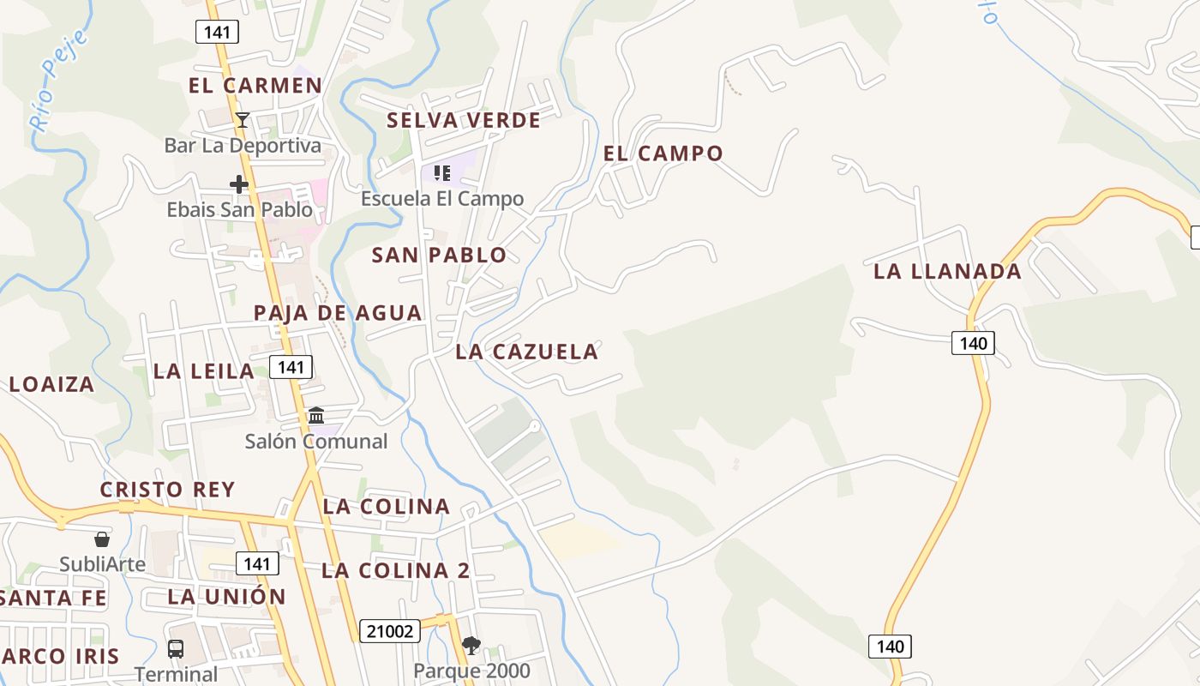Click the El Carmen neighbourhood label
[255, 86]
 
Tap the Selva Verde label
[464, 120]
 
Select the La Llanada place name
[947, 272]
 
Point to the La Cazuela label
[526, 352]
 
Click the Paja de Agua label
[338, 313]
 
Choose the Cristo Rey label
[167, 490]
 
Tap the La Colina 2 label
[396, 571]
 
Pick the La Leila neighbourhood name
[204, 371]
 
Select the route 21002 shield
[389, 632]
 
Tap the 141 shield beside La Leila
[291, 367]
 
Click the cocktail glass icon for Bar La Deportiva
[243, 119]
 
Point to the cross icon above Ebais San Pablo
[239, 184]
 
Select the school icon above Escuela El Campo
[442, 173]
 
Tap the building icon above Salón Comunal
[316, 416]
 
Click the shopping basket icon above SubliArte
[102, 539]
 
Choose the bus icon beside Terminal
[176, 648]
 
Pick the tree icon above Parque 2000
[471, 645]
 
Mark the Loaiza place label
[51, 384]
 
